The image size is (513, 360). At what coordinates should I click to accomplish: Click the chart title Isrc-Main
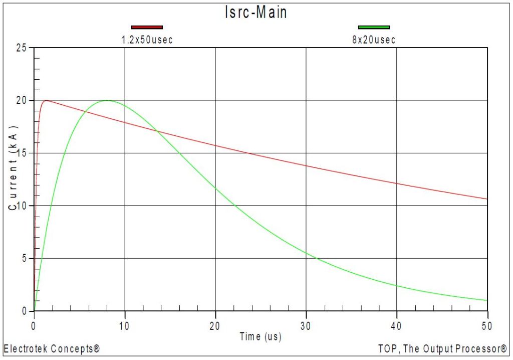tap(256, 13)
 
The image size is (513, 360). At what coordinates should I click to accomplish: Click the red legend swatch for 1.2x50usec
tap(147, 27)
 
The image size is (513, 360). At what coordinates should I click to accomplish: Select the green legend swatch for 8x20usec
tap(374, 27)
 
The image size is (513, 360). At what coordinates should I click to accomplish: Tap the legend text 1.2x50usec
tap(147, 40)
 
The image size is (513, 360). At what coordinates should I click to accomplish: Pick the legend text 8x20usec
tap(374, 40)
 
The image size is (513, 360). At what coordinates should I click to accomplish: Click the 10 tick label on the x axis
tap(124, 325)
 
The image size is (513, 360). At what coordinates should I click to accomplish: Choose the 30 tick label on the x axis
tap(306, 325)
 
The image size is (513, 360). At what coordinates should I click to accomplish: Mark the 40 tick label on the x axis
tap(396, 325)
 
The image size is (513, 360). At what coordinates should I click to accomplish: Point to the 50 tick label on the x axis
tap(487, 325)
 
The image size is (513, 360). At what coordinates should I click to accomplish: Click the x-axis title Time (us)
tap(260, 337)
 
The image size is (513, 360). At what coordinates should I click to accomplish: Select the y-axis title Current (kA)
tap(13, 168)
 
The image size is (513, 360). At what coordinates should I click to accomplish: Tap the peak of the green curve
tap(106, 100)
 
